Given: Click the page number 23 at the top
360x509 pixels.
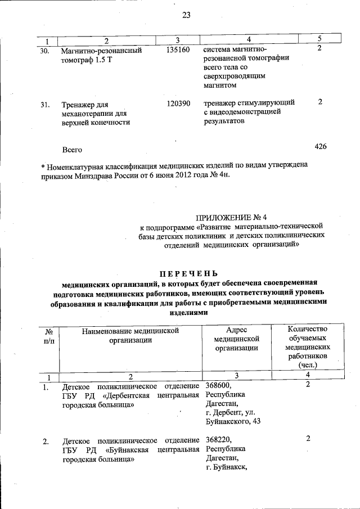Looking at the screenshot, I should pyautogui.click(x=186, y=15).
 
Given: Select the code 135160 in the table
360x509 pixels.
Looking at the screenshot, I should pyautogui.click(x=179, y=50).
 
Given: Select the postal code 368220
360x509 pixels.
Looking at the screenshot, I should pyautogui.click(x=218, y=439).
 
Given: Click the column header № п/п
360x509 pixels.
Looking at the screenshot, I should pyautogui.click(x=48, y=336).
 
